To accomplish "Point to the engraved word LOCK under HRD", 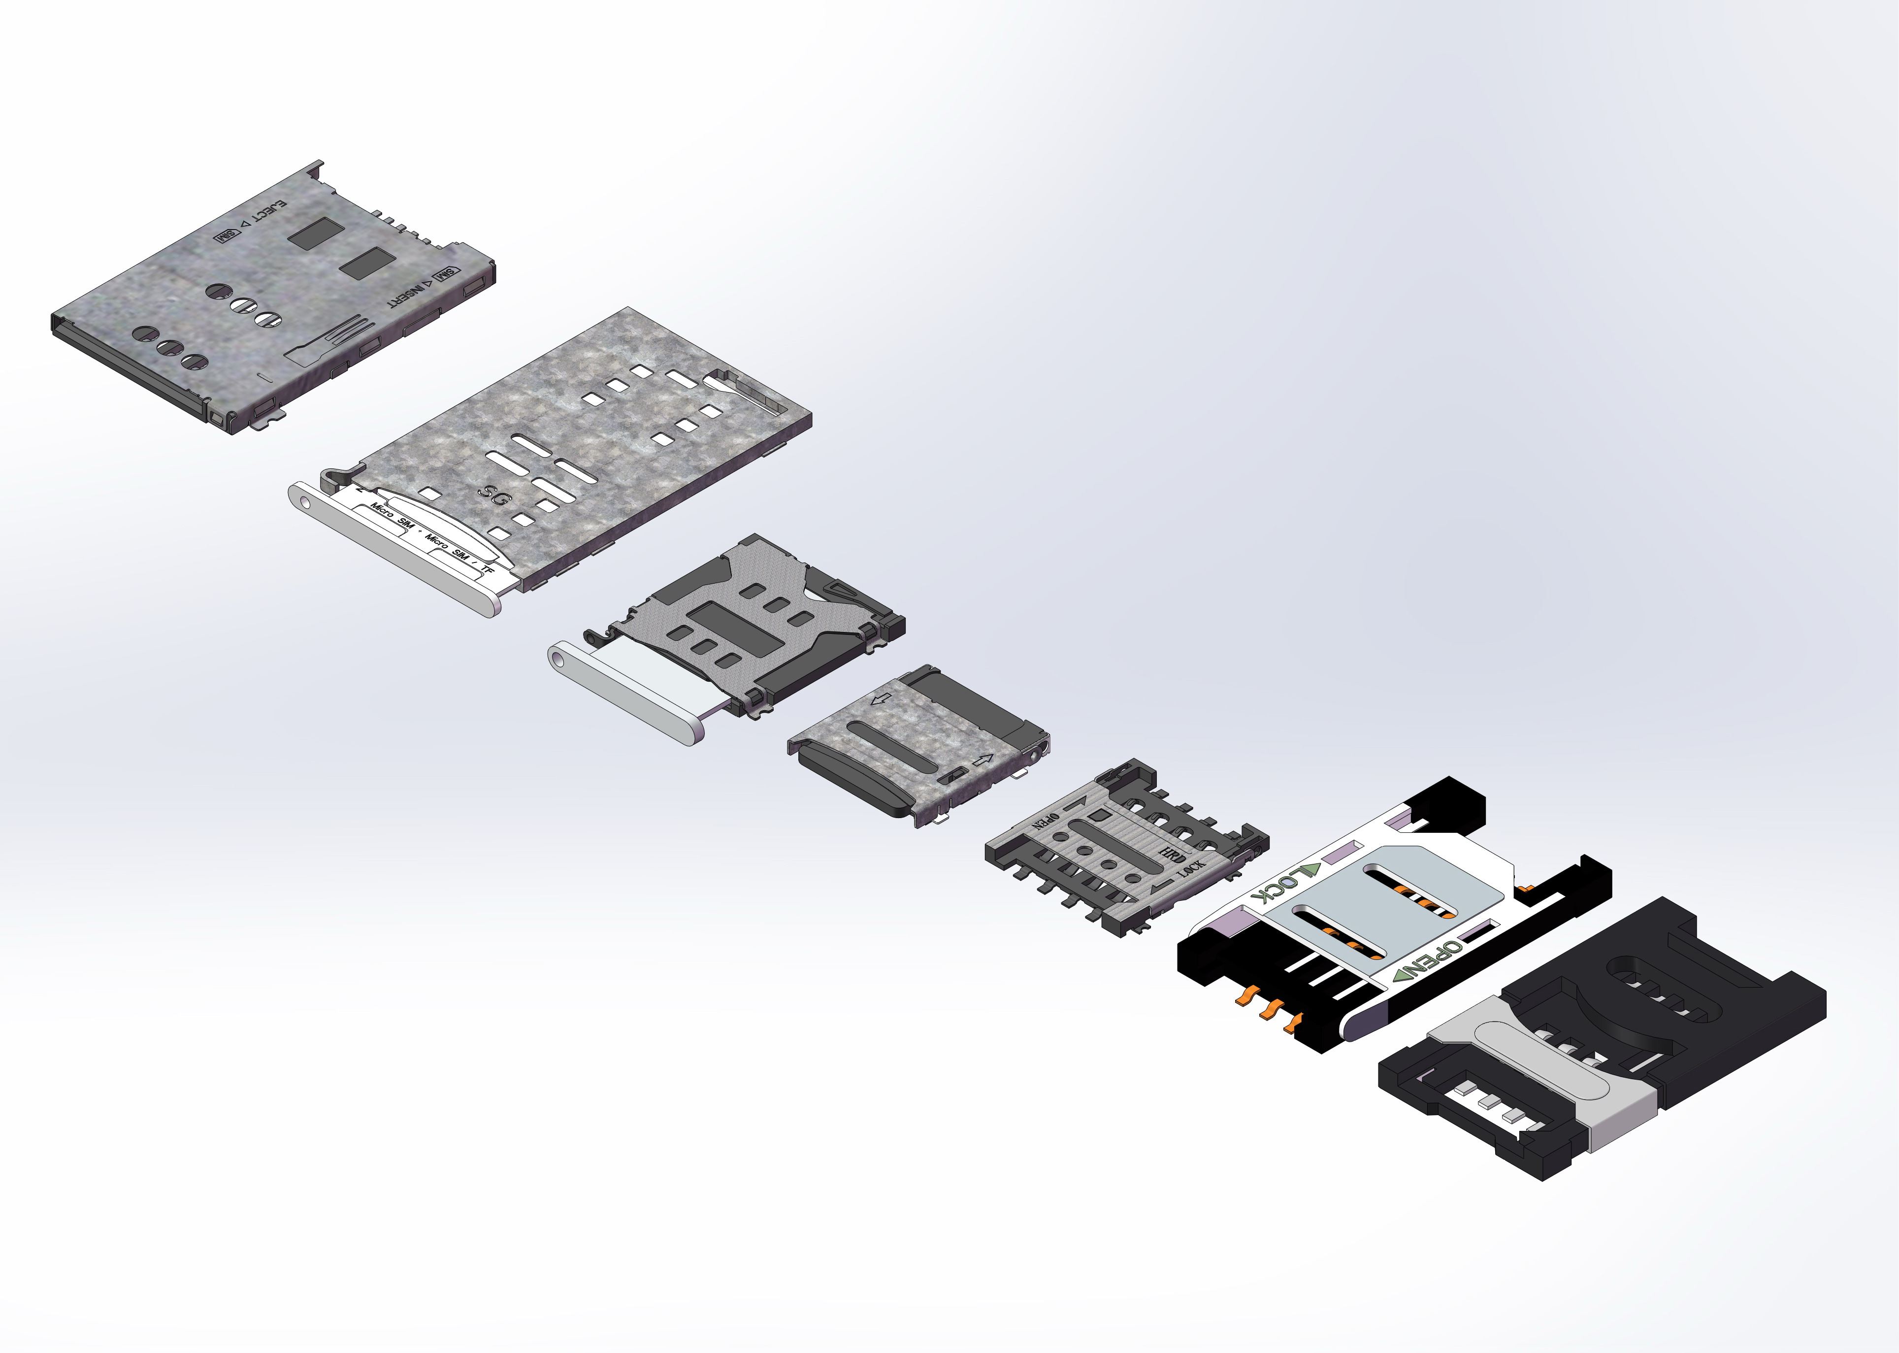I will tap(1191, 868).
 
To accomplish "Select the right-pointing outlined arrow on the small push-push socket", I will tap(983, 760).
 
